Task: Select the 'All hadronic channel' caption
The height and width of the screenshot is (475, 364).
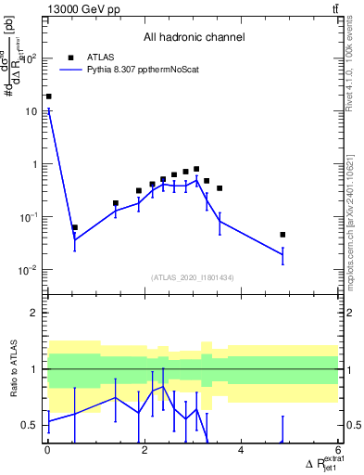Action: point(194,38)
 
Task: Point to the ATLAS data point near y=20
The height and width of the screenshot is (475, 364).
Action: point(48,96)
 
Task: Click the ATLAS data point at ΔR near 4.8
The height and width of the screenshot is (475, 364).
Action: point(282,235)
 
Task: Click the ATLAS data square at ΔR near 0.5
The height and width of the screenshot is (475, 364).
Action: point(75,227)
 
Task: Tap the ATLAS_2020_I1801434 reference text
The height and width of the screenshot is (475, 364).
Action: point(194,277)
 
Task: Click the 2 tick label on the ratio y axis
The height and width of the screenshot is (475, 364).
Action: point(36,313)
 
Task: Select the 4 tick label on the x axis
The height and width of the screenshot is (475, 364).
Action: point(241,452)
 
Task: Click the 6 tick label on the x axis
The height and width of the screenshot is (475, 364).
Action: point(337,452)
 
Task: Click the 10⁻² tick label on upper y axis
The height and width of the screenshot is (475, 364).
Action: point(30,270)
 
